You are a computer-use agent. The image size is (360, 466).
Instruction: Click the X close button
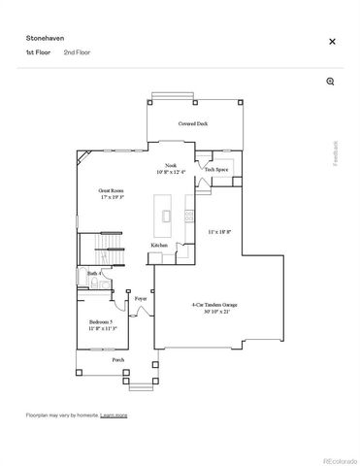point(332,42)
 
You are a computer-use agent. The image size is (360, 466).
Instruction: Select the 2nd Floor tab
point(76,51)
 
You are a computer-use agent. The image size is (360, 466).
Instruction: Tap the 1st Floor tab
point(37,51)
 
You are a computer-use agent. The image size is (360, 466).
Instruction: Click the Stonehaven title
point(43,36)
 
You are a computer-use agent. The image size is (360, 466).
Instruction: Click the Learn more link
point(115,415)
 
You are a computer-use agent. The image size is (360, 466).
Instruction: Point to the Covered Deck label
point(192,125)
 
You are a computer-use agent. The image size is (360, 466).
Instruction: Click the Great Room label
point(111,191)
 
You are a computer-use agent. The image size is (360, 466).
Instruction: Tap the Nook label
point(171,166)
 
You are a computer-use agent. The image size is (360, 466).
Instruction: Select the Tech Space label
point(215,170)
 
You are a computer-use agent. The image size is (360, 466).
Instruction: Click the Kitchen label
point(159,245)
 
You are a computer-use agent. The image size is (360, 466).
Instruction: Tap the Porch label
point(117,359)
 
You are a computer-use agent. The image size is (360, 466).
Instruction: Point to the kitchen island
point(168,216)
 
